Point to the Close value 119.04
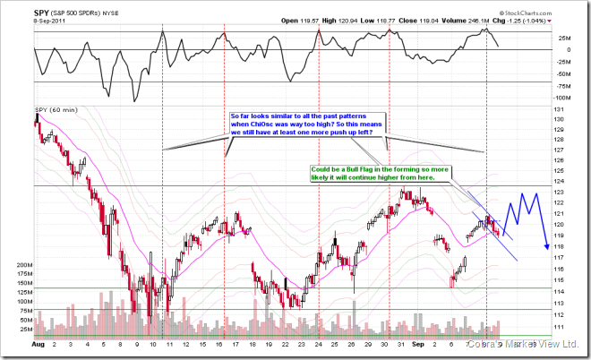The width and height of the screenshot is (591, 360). [x=445, y=21]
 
